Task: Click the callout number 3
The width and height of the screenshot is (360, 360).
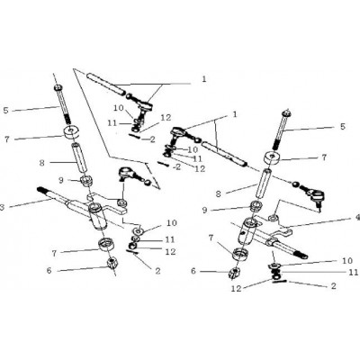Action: (2, 207)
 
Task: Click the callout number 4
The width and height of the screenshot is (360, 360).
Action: (357, 218)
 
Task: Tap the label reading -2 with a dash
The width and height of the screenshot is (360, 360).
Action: (176, 167)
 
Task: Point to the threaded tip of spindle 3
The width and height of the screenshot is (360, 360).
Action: (41, 190)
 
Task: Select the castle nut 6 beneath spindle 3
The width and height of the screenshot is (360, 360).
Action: (112, 263)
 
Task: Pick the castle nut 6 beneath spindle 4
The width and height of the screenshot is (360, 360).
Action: (235, 273)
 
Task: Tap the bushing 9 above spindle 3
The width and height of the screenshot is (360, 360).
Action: (85, 182)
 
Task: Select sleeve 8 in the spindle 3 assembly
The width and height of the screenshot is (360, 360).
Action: (79, 158)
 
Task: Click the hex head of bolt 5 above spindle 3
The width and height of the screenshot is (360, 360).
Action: (58, 87)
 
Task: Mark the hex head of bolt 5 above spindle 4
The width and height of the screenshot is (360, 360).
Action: (285, 113)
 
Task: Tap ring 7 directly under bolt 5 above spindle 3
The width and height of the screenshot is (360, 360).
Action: (72, 132)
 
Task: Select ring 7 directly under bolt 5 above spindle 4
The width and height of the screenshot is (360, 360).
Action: (273, 158)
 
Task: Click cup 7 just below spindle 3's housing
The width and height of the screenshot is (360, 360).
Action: (106, 244)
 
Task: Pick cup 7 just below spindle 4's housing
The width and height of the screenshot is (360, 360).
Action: (240, 255)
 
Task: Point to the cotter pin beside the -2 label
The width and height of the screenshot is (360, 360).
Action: (164, 164)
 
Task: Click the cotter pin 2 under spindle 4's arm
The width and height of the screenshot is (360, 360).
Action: (280, 282)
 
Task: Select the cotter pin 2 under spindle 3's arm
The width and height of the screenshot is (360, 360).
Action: (133, 252)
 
